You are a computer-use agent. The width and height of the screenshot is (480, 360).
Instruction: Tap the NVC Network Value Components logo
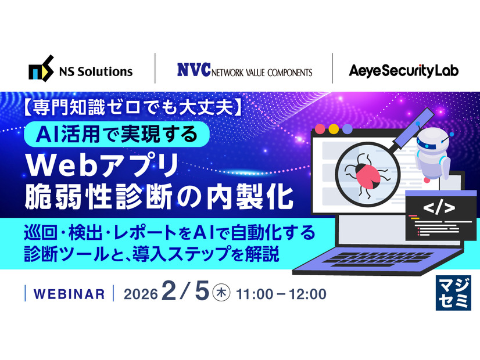(244, 70)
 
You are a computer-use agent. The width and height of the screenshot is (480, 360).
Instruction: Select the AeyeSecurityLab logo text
(404, 70)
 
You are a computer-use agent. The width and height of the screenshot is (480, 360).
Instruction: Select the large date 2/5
(185, 291)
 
